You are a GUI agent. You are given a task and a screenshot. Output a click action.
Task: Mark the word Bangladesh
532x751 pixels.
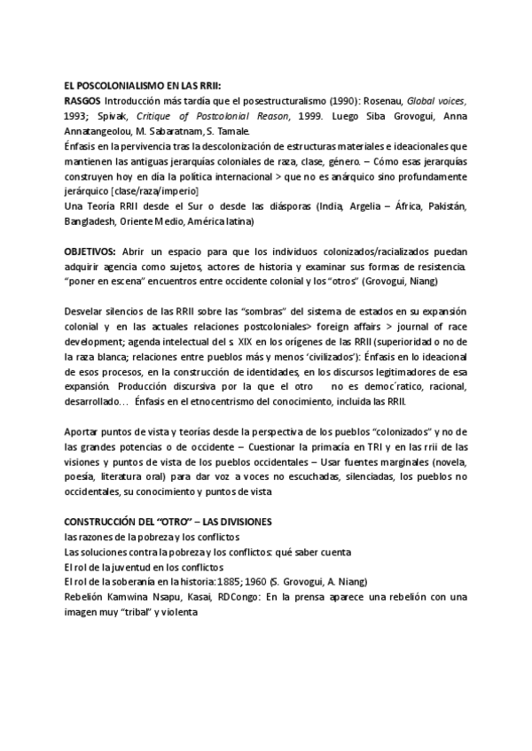tap(91, 221)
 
